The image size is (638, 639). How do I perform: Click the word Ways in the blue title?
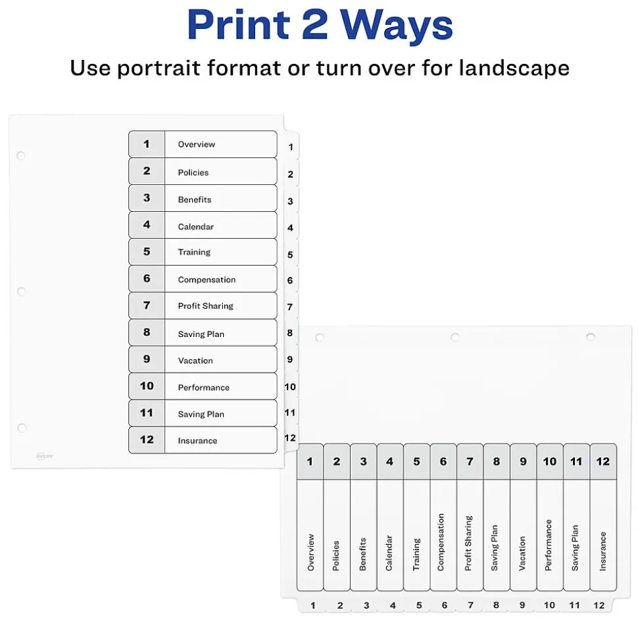pos(396,25)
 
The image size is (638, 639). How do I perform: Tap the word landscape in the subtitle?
pos(514,68)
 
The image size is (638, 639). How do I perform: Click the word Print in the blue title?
pos(238,24)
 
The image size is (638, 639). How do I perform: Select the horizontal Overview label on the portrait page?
pos(197,144)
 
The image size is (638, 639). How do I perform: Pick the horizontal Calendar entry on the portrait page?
pos(195,226)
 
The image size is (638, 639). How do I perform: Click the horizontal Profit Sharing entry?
pos(205,306)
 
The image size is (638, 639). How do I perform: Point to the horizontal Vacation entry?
pos(195,361)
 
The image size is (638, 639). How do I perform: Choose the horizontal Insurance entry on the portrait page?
pos(197,440)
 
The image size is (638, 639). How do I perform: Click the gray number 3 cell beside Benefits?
pos(147,198)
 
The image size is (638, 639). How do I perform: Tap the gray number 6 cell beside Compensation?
pos(147,279)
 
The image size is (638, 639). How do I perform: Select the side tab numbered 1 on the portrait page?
pos(291,147)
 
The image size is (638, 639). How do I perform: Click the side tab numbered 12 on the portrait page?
pos(291,438)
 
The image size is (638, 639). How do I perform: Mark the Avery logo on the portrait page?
pos(45,456)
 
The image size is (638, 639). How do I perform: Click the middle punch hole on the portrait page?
pos(22,292)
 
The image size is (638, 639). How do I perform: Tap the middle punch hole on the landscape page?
pos(455,337)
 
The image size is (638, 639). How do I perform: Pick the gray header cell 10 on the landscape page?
pos(550,461)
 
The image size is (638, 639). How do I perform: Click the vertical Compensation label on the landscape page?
pos(441,542)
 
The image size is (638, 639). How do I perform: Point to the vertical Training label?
pos(416,554)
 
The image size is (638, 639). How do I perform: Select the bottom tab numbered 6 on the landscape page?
pos(445,605)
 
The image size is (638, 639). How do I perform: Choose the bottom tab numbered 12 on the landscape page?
pos(599,605)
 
